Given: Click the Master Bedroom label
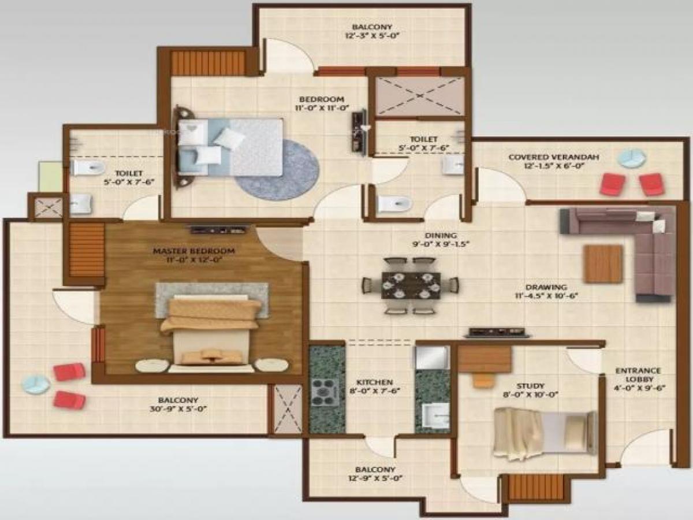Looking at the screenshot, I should tap(193, 251).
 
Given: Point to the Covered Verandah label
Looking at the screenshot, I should tap(553, 157).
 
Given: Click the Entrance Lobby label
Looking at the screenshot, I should tap(638, 375).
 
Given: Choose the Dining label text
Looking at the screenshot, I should tap(441, 236).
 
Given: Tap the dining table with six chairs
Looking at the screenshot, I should tap(411, 285).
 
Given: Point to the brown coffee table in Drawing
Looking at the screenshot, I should tap(603, 264).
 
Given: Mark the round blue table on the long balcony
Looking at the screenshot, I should tap(36, 384).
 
